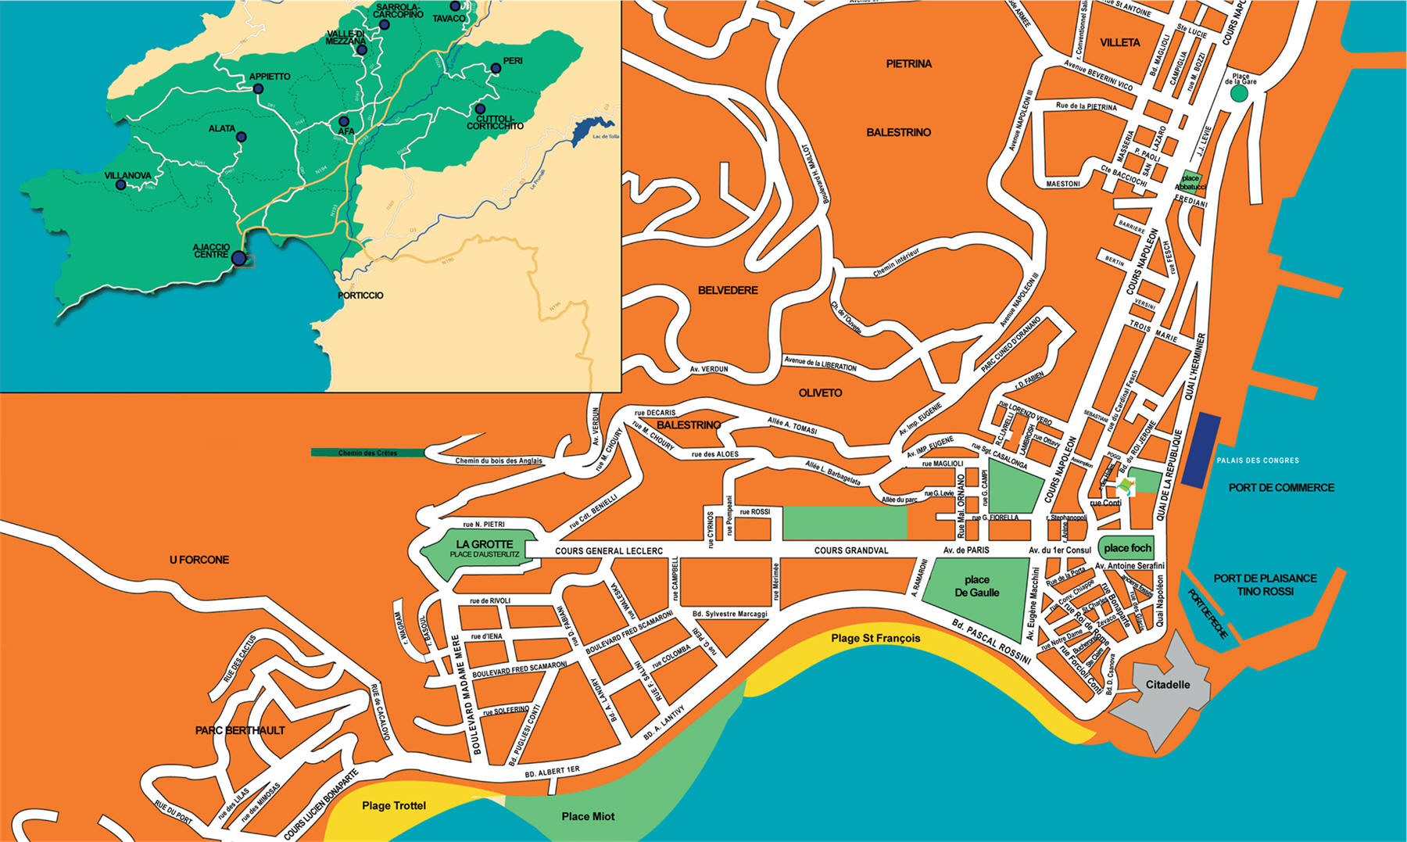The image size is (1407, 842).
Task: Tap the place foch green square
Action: point(1127,548)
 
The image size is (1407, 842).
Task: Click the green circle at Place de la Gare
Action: point(1239,94)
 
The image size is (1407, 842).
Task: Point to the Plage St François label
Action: point(875,639)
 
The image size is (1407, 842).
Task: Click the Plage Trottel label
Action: point(394,805)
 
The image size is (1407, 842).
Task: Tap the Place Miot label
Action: point(588,816)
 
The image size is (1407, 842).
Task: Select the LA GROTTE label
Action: point(485,544)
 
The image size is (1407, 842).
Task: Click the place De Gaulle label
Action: point(976,586)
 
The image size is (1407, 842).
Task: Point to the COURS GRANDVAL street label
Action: point(850,550)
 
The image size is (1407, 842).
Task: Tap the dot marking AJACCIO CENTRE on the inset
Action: point(239,259)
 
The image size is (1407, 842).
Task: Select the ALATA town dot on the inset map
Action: point(242,137)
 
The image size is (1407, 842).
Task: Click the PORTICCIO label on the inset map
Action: point(360,296)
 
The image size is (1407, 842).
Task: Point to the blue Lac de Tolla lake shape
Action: point(590,129)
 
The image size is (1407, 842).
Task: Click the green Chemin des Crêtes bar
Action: point(367,453)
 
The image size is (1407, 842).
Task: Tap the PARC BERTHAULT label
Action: point(240,730)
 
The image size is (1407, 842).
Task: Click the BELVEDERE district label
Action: point(728,290)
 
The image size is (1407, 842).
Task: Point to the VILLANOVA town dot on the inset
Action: point(121,185)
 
